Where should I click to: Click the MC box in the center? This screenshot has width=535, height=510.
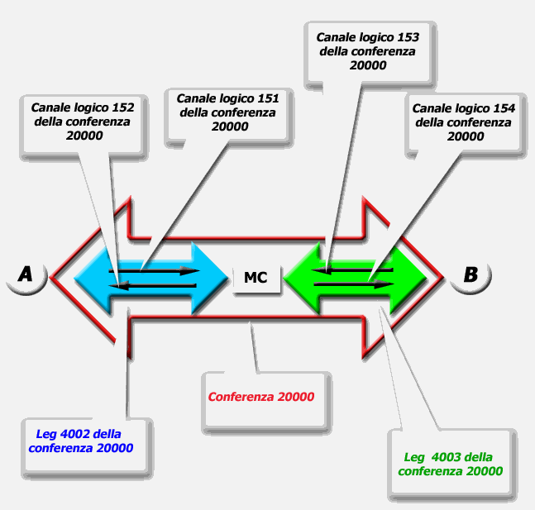[x=256, y=278]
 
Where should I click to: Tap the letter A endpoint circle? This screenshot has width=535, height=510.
[x=26, y=274]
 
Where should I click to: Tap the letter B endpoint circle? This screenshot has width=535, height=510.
[x=471, y=274]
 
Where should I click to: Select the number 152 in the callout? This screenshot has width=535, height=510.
[x=122, y=107]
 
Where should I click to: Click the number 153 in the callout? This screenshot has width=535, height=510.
[x=408, y=36]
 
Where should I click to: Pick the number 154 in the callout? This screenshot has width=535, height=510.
[x=504, y=108]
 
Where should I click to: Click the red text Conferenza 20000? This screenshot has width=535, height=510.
[x=261, y=397]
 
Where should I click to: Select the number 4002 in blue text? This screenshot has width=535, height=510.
[x=76, y=434]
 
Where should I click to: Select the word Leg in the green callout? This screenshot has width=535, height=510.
[x=413, y=457]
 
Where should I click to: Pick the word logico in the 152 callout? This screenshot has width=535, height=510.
[x=93, y=107]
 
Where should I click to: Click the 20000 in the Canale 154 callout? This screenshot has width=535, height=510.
[x=464, y=136]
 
